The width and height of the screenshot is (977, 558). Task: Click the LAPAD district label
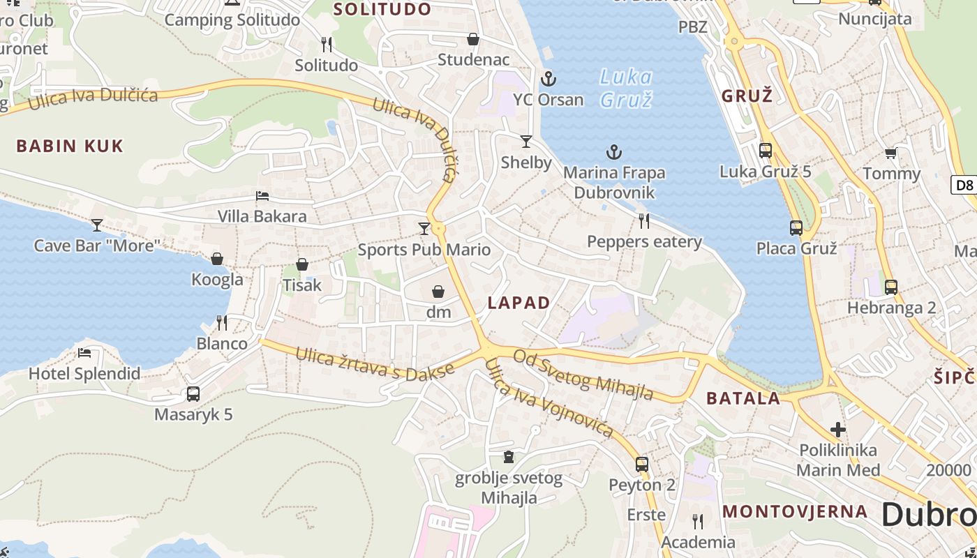tap(519, 303)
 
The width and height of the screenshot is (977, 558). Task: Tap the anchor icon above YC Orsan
tap(549, 78)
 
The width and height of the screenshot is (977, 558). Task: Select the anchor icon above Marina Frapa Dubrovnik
tap(613, 151)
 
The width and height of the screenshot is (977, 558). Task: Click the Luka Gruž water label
tap(626, 88)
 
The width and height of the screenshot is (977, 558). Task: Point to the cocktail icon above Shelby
tap(526, 142)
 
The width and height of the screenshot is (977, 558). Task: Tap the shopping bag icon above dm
tap(438, 292)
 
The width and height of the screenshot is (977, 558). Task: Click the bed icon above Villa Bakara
tap(262, 196)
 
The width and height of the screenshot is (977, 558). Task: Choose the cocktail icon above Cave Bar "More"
tap(97, 225)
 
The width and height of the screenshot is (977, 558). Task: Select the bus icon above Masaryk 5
tap(193, 394)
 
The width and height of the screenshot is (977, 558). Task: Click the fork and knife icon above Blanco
tap(222, 322)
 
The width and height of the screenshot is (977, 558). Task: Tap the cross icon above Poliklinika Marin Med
tap(838, 430)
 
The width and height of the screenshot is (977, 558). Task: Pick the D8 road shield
tap(964, 185)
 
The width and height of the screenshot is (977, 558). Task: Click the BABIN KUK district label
tap(70, 146)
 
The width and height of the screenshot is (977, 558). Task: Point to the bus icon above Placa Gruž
tap(796, 228)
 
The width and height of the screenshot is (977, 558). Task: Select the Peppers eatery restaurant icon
tap(644, 221)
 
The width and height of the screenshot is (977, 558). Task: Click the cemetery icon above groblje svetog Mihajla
tap(509, 457)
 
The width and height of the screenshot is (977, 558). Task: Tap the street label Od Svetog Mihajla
tap(583, 375)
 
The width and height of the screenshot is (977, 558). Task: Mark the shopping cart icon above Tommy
tap(891, 153)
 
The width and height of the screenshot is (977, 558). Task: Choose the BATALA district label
tap(743, 398)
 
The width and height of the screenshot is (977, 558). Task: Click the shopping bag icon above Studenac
tap(473, 39)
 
